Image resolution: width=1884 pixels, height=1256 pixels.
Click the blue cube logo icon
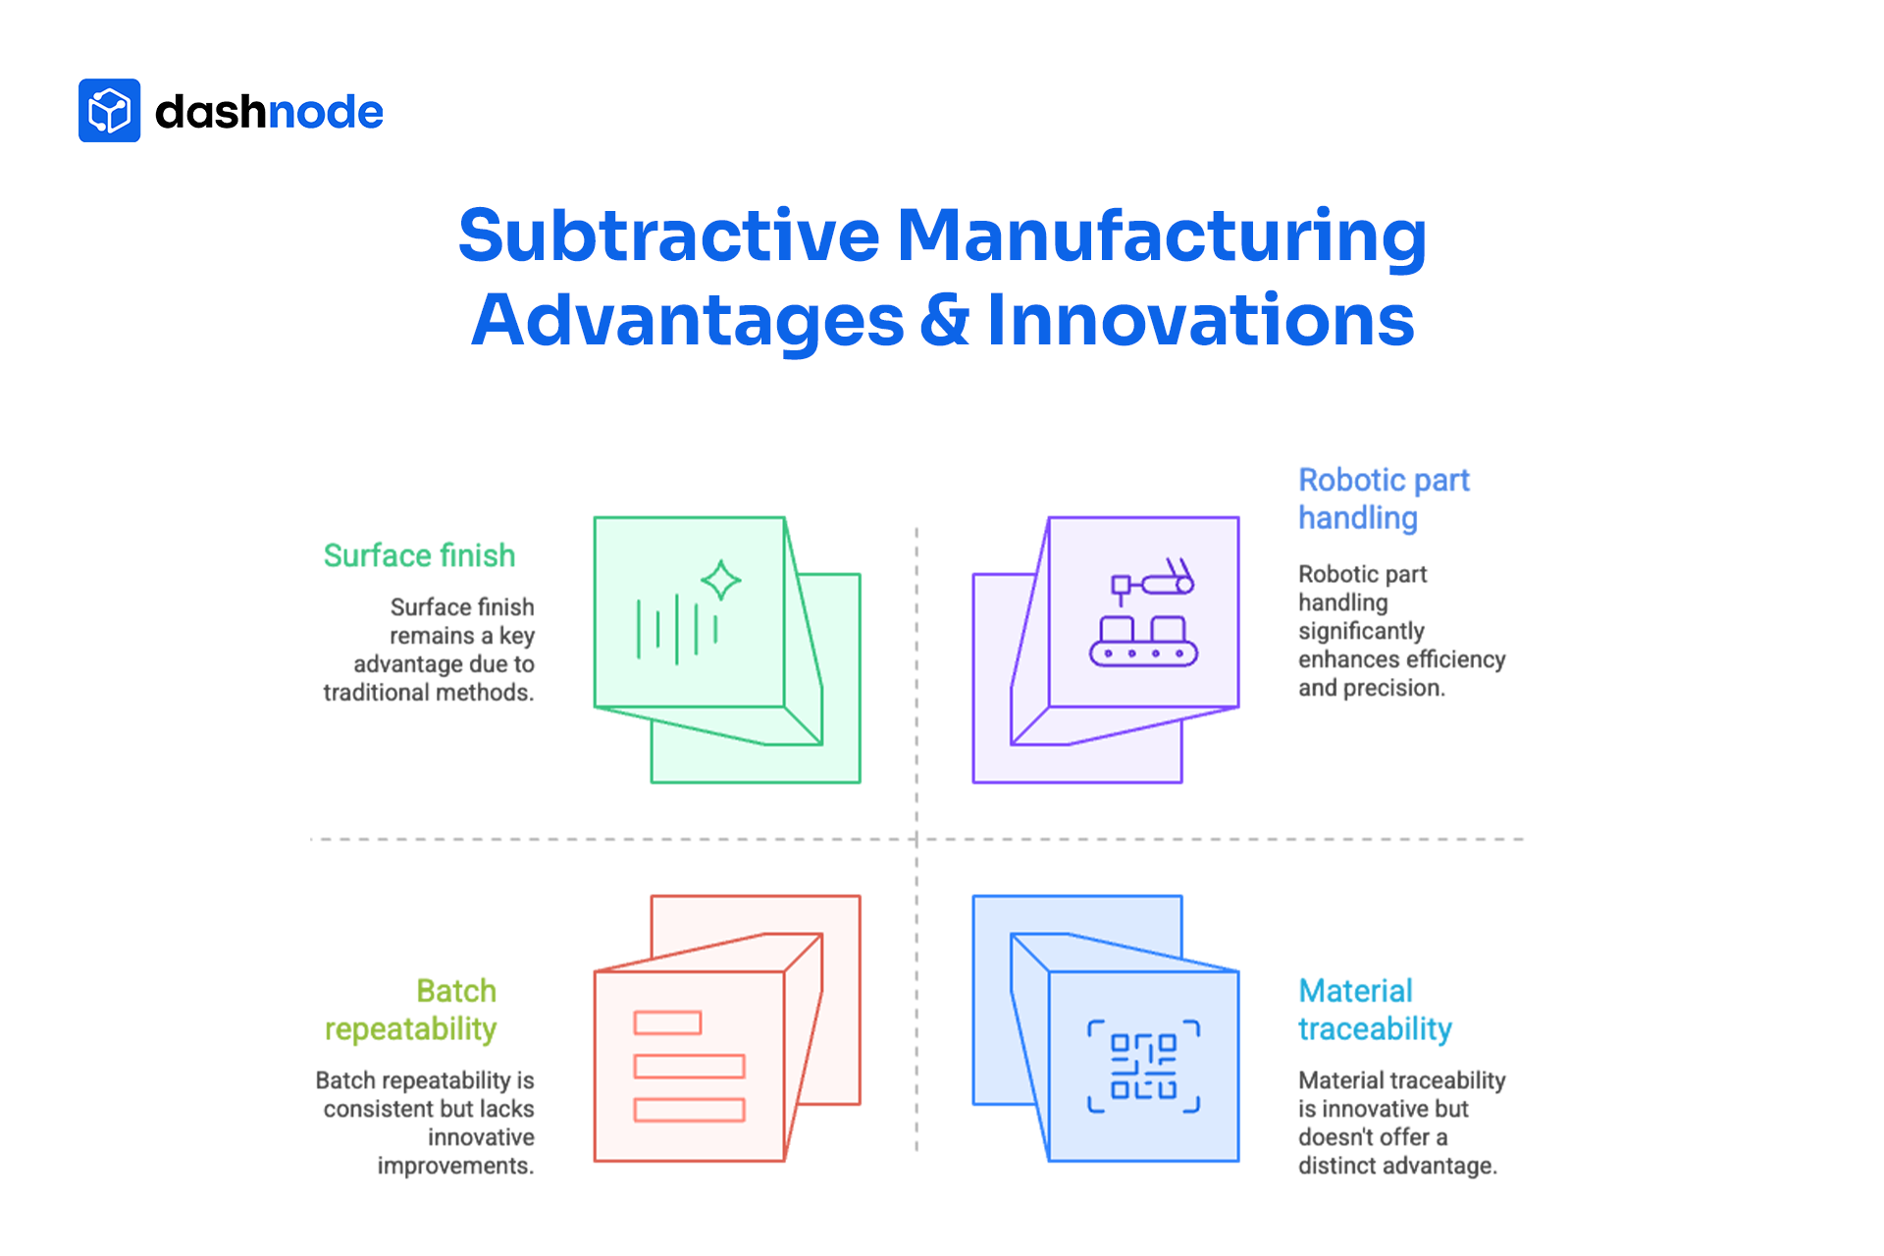point(109,111)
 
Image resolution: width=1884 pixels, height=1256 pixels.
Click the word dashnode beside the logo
point(269,112)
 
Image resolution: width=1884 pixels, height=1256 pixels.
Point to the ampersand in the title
point(945,320)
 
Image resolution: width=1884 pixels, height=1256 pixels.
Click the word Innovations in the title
point(1200,320)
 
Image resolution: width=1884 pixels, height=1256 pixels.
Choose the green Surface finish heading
point(419,555)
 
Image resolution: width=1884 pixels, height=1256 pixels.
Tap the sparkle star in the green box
point(721,580)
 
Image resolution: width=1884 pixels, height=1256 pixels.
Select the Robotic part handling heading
point(1384,498)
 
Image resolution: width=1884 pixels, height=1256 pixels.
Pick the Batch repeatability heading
point(411,1010)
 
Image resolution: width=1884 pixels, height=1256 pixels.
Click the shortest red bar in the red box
point(667,1023)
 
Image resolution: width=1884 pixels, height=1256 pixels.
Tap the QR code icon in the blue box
point(1143,1067)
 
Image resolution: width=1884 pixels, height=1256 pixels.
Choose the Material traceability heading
point(1375,1010)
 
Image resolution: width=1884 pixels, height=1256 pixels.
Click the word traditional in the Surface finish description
point(375,693)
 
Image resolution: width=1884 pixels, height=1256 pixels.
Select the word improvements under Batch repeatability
point(455,1166)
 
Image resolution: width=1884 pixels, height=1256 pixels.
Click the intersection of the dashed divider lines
point(917,840)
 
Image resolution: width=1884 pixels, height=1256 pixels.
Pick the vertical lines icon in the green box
point(677,629)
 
